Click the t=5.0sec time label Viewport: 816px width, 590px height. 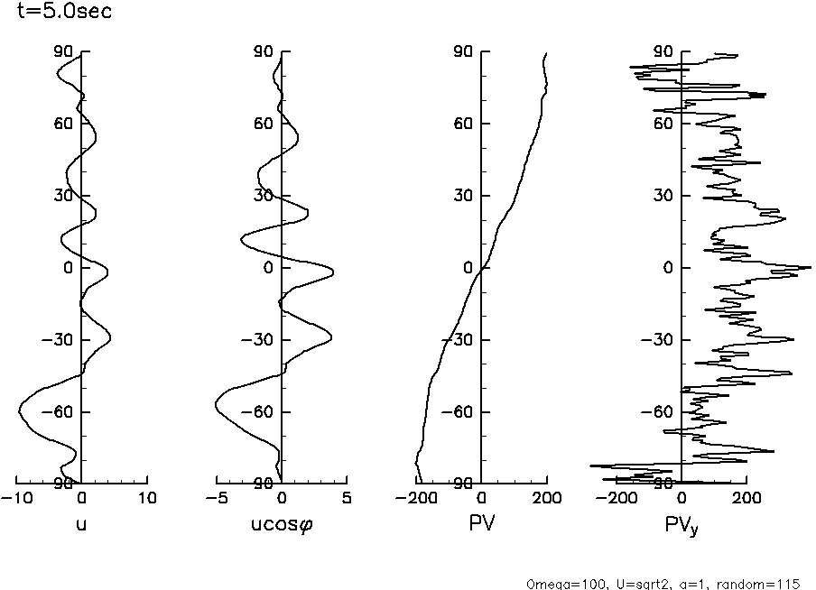tap(58, 13)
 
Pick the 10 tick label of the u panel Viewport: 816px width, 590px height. tap(147, 498)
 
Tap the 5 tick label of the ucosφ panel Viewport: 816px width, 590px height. tap(348, 498)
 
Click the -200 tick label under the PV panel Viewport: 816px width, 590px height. tap(415, 498)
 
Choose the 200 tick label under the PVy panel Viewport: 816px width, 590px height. tap(746, 498)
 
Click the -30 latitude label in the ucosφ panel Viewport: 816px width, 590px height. tap(262, 340)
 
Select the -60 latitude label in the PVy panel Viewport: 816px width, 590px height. tap(663, 412)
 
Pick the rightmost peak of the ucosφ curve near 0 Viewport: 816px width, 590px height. tap(334, 272)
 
